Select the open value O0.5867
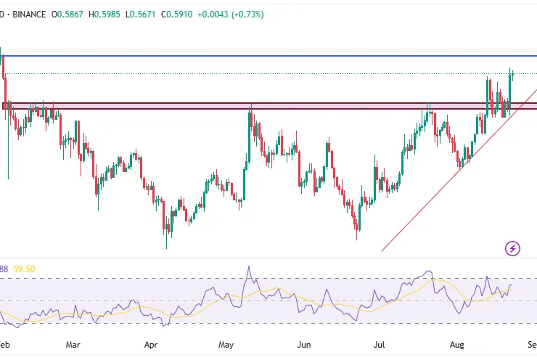point(70,14)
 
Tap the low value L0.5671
point(144,14)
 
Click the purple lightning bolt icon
point(513,249)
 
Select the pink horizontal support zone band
point(181,106)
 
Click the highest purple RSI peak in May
point(249,266)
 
